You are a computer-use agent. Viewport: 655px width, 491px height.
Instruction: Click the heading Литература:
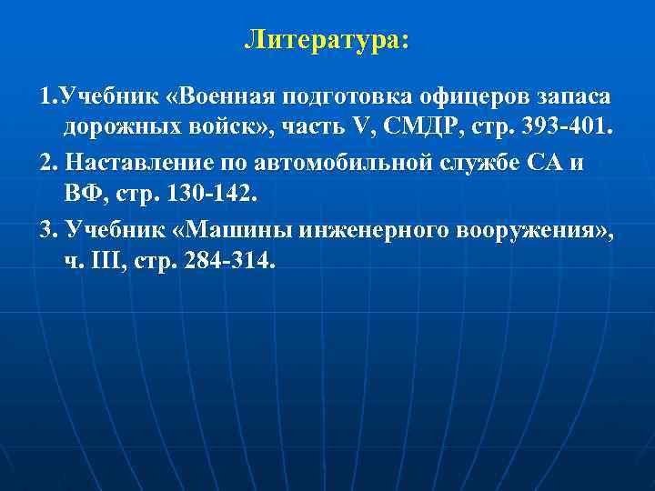[x=327, y=41]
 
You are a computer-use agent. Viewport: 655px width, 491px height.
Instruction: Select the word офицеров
[x=459, y=98]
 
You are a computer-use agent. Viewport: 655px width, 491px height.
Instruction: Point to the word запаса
[x=568, y=98]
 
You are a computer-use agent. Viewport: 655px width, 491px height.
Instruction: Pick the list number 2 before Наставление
[x=46, y=164]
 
